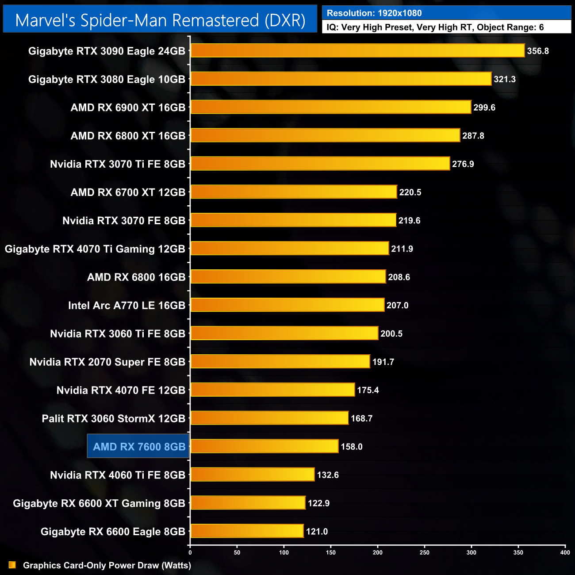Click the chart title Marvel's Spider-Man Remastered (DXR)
point(160,20)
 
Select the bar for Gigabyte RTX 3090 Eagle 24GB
point(357,51)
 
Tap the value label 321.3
point(505,79)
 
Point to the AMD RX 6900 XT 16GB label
point(128,107)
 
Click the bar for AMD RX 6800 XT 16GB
point(325,136)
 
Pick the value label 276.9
point(463,164)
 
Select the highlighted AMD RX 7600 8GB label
point(139,447)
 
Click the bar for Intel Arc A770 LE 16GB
point(287,305)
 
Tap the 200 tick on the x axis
point(378,552)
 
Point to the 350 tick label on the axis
point(518,552)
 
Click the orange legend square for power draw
point(12,565)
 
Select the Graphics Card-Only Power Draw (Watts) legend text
point(107,565)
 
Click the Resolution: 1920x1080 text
point(374,13)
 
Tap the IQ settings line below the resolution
point(435,27)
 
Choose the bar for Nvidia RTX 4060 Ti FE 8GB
point(253,475)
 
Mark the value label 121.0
point(317,532)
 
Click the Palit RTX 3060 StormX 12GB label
point(113,418)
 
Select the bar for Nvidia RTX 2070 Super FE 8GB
point(280,362)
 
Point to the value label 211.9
point(402,249)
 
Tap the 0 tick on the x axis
point(190,552)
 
